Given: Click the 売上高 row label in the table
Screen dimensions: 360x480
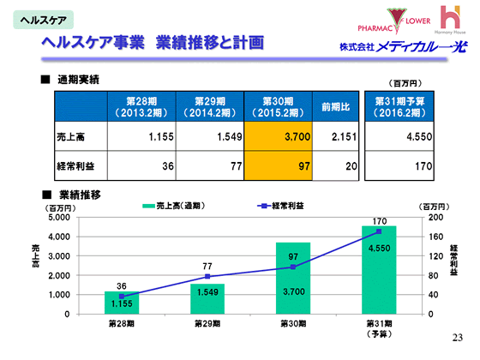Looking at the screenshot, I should tap(76, 137).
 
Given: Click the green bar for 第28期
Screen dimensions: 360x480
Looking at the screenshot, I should tap(122, 303).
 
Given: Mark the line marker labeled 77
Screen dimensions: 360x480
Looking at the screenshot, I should tap(207, 277).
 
